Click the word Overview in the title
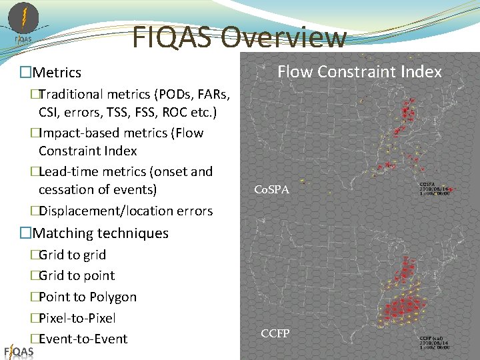point(284,38)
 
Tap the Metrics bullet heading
point(57,73)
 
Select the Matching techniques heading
point(100,233)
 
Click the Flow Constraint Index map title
point(359,71)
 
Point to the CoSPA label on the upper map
point(272,190)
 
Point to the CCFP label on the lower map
point(275,333)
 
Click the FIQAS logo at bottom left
point(19,351)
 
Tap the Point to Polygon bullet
point(87,297)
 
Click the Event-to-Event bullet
point(83,339)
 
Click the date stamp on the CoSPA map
point(434,189)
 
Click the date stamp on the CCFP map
point(434,343)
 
